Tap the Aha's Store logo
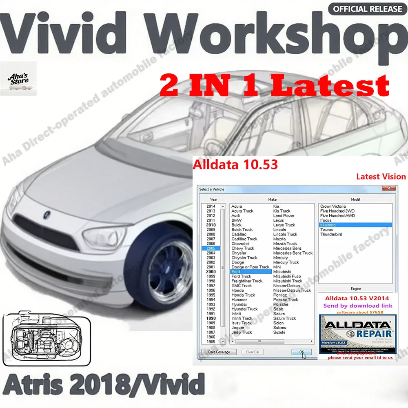point(18,78)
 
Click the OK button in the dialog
point(302,352)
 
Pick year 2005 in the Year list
point(211,248)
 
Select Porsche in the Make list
point(281,304)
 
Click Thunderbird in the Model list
point(331,234)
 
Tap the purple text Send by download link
point(357,306)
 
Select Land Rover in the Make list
point(284,215)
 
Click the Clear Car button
point(253,352)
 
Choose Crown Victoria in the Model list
point(333,206)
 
